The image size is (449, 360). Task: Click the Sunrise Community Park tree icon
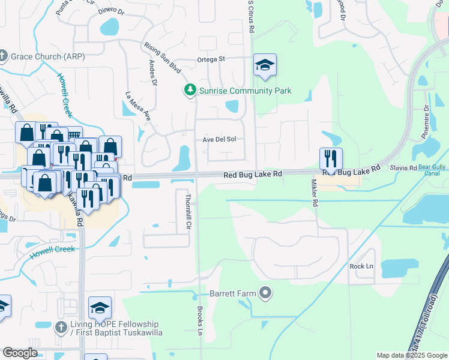[x=190, y=90]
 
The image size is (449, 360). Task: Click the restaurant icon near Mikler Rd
[x=331, y=159]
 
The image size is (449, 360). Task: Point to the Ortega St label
[x=211, y=59]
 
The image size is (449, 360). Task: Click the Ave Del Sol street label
[x=219, y=139]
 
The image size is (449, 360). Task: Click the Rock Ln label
[x=361, y=266]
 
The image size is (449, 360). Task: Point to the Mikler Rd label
[x=315, y=193]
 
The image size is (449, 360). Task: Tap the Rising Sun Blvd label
[x=163, y=58]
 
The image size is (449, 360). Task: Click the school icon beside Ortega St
[x=265, y=66]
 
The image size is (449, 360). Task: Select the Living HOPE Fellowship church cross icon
[x=60, y=328]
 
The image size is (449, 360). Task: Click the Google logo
[x=20, y=353]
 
